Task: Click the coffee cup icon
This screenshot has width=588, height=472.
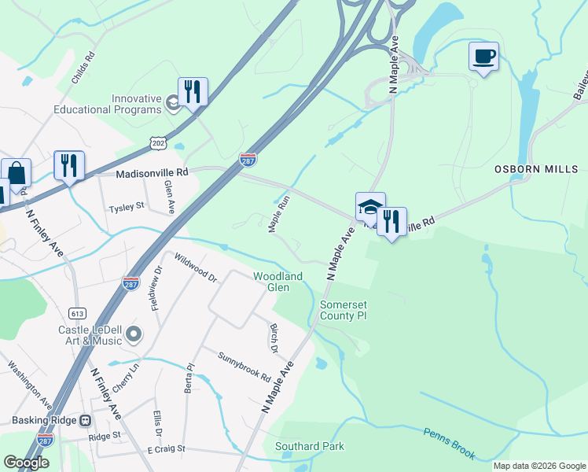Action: point(483,57)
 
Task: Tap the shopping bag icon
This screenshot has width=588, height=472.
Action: point(16,173)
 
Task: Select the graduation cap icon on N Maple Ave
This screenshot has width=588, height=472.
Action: point(370,207)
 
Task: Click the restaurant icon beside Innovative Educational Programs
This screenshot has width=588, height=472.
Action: point(193,92)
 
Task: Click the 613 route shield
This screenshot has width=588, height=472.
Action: point(77,312)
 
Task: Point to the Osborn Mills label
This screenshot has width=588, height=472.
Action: point(536,169)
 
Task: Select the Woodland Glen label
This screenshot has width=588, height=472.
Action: point(277,282)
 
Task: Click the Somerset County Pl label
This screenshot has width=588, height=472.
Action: point(344,310)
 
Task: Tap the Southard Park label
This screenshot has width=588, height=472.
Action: point(310,446)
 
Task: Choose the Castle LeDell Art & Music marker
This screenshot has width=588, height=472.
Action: point(133,335)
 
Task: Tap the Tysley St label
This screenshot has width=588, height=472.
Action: point(127,207)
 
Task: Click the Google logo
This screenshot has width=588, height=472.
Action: point(26,463)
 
